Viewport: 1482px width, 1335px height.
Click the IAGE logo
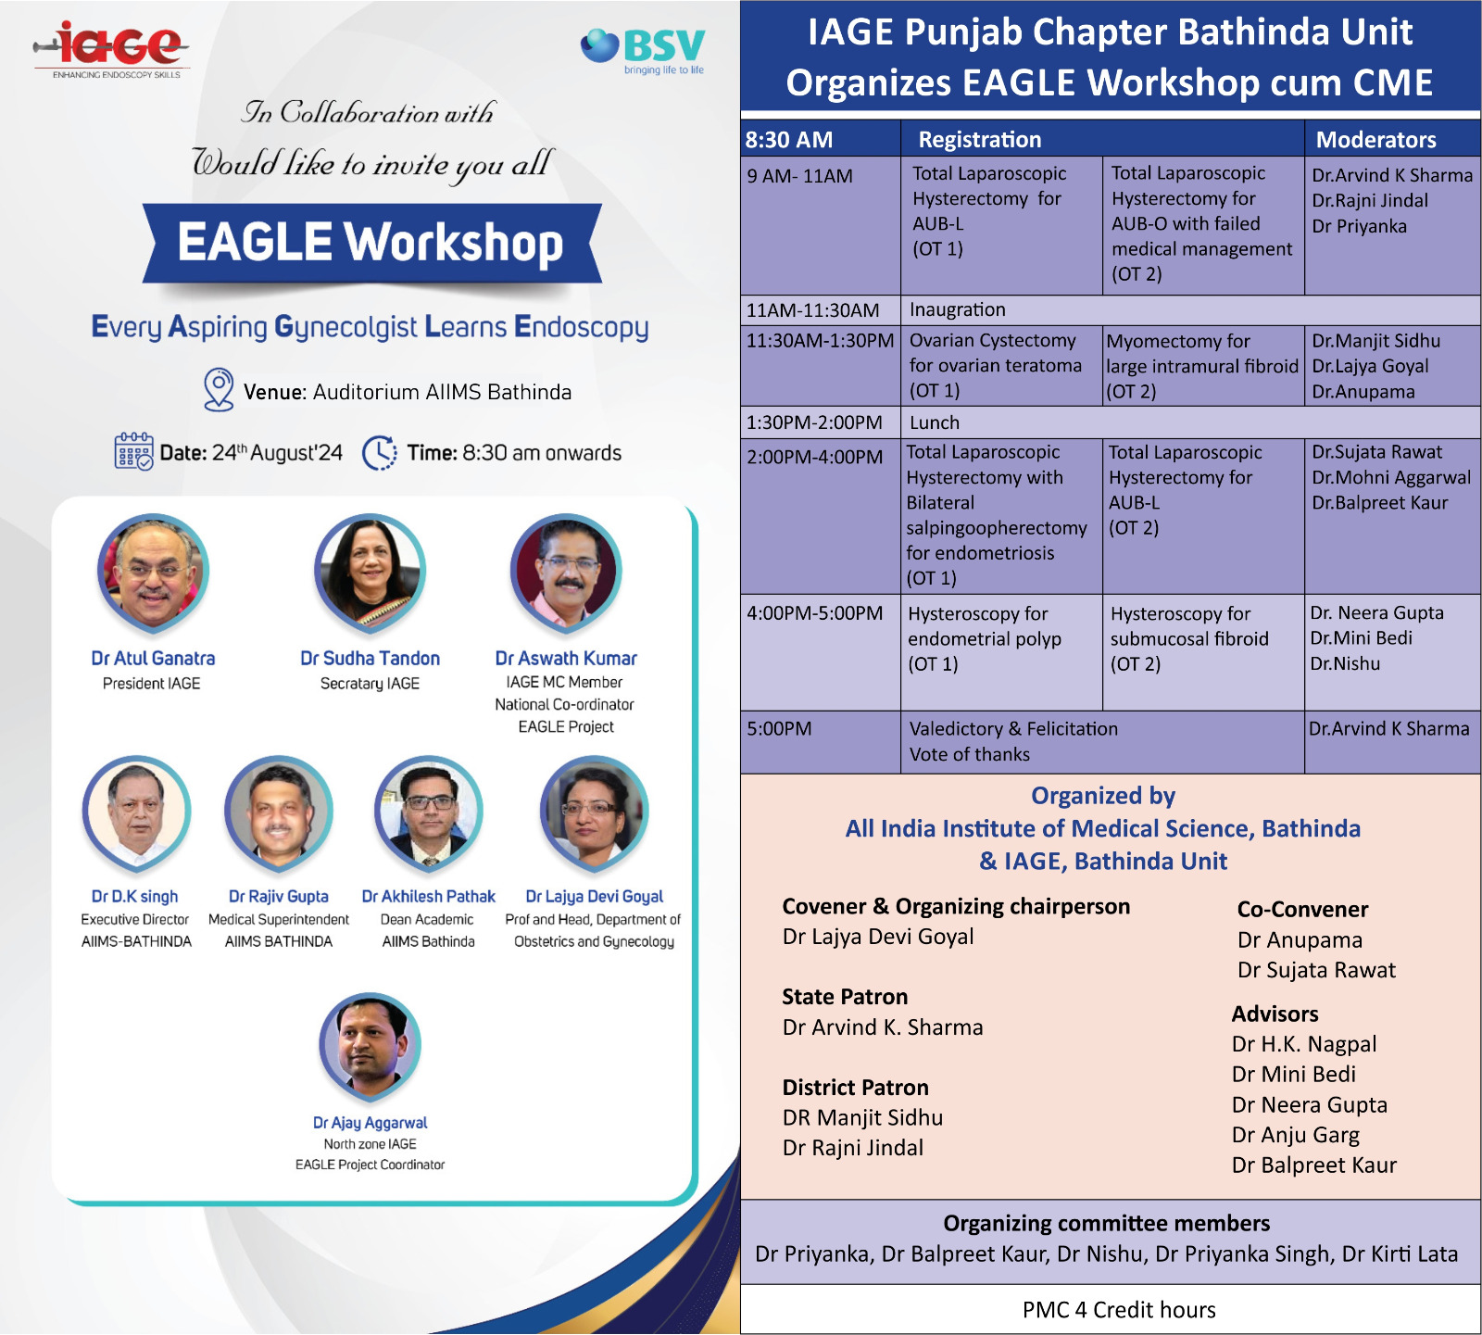[x=112, y=49]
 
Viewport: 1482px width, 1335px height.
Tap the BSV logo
[x=643, y=50]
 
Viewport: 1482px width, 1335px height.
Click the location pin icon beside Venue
[x=219, y=390]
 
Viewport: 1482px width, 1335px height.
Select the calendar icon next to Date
[x=133, y=451]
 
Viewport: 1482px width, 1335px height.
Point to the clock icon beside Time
[x=380, y=453]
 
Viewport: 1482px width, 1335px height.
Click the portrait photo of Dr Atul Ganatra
[x=153, y=572]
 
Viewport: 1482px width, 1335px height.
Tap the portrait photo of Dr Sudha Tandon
[x=370, y=572]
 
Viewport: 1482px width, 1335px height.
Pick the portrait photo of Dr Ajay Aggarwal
[x=370, y=1046]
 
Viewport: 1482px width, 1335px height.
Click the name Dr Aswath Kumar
[x=566, y=659]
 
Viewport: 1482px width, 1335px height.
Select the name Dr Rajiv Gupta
[x=279, y=897]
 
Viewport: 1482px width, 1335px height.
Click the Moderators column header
[x=1376, y=140]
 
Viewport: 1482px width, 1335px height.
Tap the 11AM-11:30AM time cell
[x=813, y=310]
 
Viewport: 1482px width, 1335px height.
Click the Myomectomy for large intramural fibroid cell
[x=1203, y=366]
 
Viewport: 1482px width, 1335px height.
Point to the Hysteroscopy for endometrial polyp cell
[x=1001, y=652]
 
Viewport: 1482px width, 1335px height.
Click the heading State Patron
[x=845, y=997]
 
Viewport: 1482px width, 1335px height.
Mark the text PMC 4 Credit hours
[x=1119, y=1310]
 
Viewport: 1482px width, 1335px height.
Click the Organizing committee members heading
[x=1107, y=1223]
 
